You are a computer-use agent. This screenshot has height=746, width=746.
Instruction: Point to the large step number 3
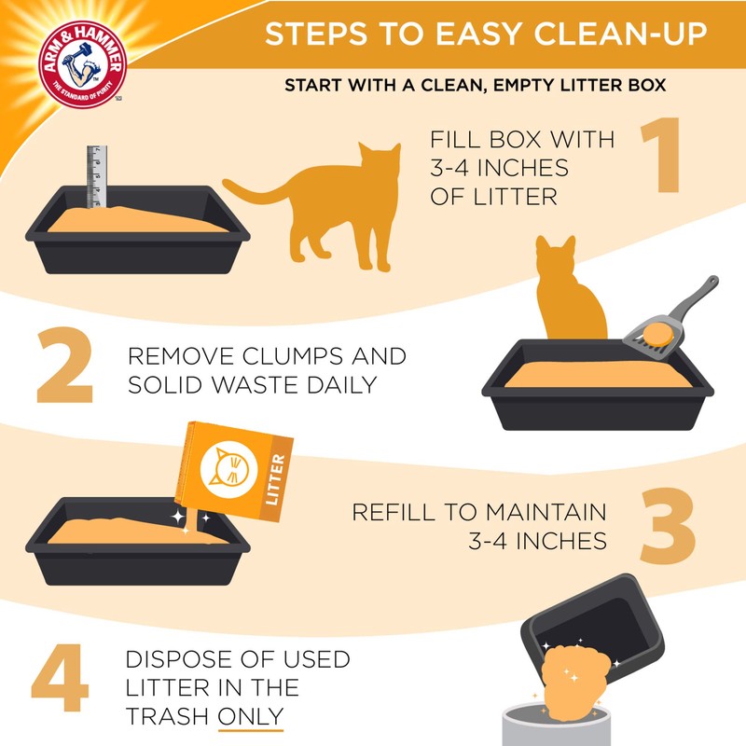(666, 528)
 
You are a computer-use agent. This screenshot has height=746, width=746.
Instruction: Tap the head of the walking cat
(377, 160)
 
